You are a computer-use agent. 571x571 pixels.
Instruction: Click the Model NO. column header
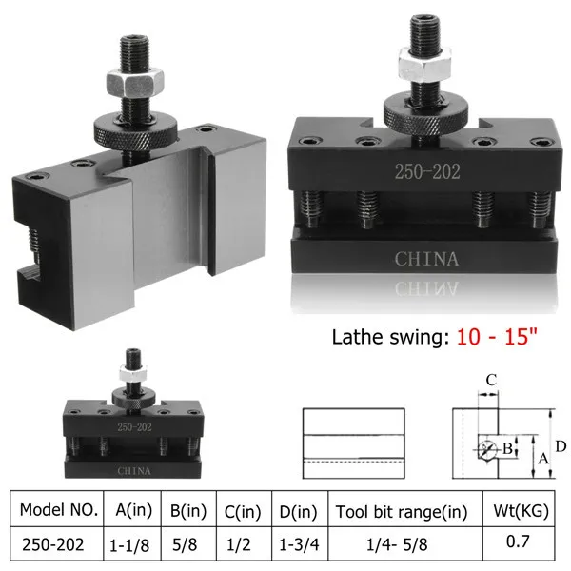tap(59, 511)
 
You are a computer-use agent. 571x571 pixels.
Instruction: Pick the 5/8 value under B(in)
tap(189, 545)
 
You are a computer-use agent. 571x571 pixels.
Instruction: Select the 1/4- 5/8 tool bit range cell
tap(402, 545)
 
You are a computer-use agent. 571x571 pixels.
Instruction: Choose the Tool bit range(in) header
tap(402, 511)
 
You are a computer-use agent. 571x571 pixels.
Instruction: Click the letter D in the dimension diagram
tap(561, 445)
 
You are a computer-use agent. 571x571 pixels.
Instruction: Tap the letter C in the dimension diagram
tap(491, 381)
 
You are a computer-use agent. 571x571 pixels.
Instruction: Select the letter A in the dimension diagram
tap(543, 460)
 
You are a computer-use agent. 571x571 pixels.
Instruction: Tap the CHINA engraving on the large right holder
tap(427, 258)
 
